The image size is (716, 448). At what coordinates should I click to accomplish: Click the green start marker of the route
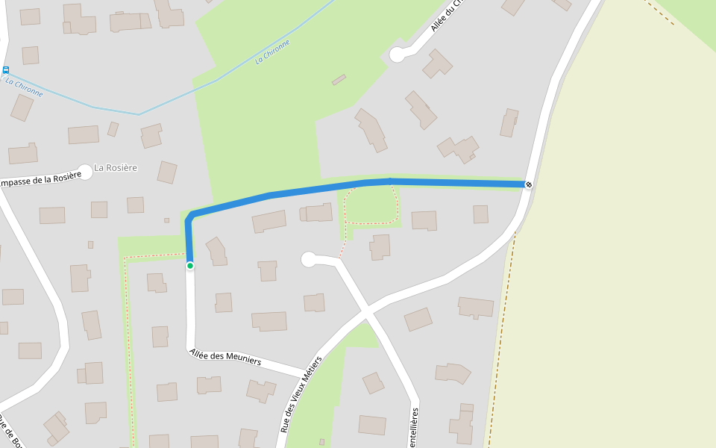190,265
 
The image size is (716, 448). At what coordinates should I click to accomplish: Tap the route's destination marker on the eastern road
528,184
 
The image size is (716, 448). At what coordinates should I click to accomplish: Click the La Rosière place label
116,168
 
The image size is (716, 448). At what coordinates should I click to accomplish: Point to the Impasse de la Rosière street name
39,180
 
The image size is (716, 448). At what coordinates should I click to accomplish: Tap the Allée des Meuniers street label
225,357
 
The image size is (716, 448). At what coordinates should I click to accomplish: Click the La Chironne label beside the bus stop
24,87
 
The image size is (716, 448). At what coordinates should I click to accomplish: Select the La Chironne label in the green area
272,52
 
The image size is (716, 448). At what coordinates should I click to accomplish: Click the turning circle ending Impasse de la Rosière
85,172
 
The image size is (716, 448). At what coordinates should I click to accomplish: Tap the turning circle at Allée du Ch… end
398,54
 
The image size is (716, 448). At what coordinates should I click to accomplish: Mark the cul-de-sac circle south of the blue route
308,259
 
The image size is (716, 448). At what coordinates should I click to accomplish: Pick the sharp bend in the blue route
191,217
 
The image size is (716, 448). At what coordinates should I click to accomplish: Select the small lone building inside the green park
339,79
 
